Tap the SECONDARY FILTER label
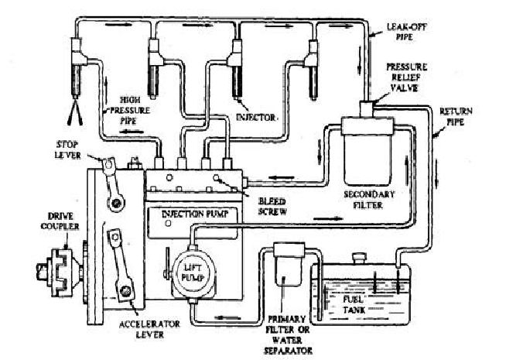click(369, 200)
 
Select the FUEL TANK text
click(354, 304)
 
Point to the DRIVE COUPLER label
click(60, 221)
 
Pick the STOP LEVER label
click(68, 149)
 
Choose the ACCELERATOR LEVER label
click(149, 329)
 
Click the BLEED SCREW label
click(272, 207)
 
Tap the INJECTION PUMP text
click(195, 214)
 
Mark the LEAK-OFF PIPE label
click(406, 32)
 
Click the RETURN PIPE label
click(456, 116)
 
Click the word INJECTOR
click(256, 118)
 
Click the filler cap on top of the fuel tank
click(359, 259)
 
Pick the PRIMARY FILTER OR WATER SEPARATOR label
click(288, 334)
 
